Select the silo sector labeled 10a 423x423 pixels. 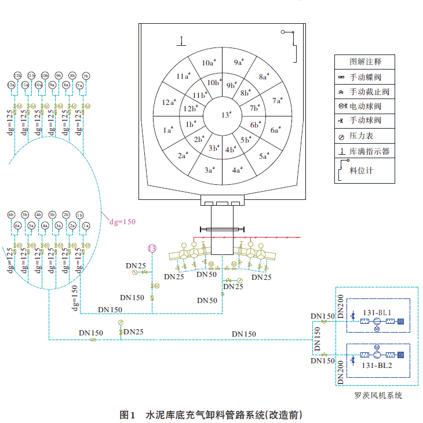(208, 63)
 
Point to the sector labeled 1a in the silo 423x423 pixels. (169, 130)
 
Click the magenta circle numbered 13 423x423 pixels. (152, 249)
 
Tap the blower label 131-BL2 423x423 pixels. (377, 365)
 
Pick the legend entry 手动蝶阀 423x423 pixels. (365, 77)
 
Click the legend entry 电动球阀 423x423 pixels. (365, 107)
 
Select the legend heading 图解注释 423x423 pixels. (365, 62)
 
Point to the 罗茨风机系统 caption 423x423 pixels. (378, 395)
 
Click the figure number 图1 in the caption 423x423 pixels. (127, 415)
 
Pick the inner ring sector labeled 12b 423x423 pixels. (190, 108)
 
